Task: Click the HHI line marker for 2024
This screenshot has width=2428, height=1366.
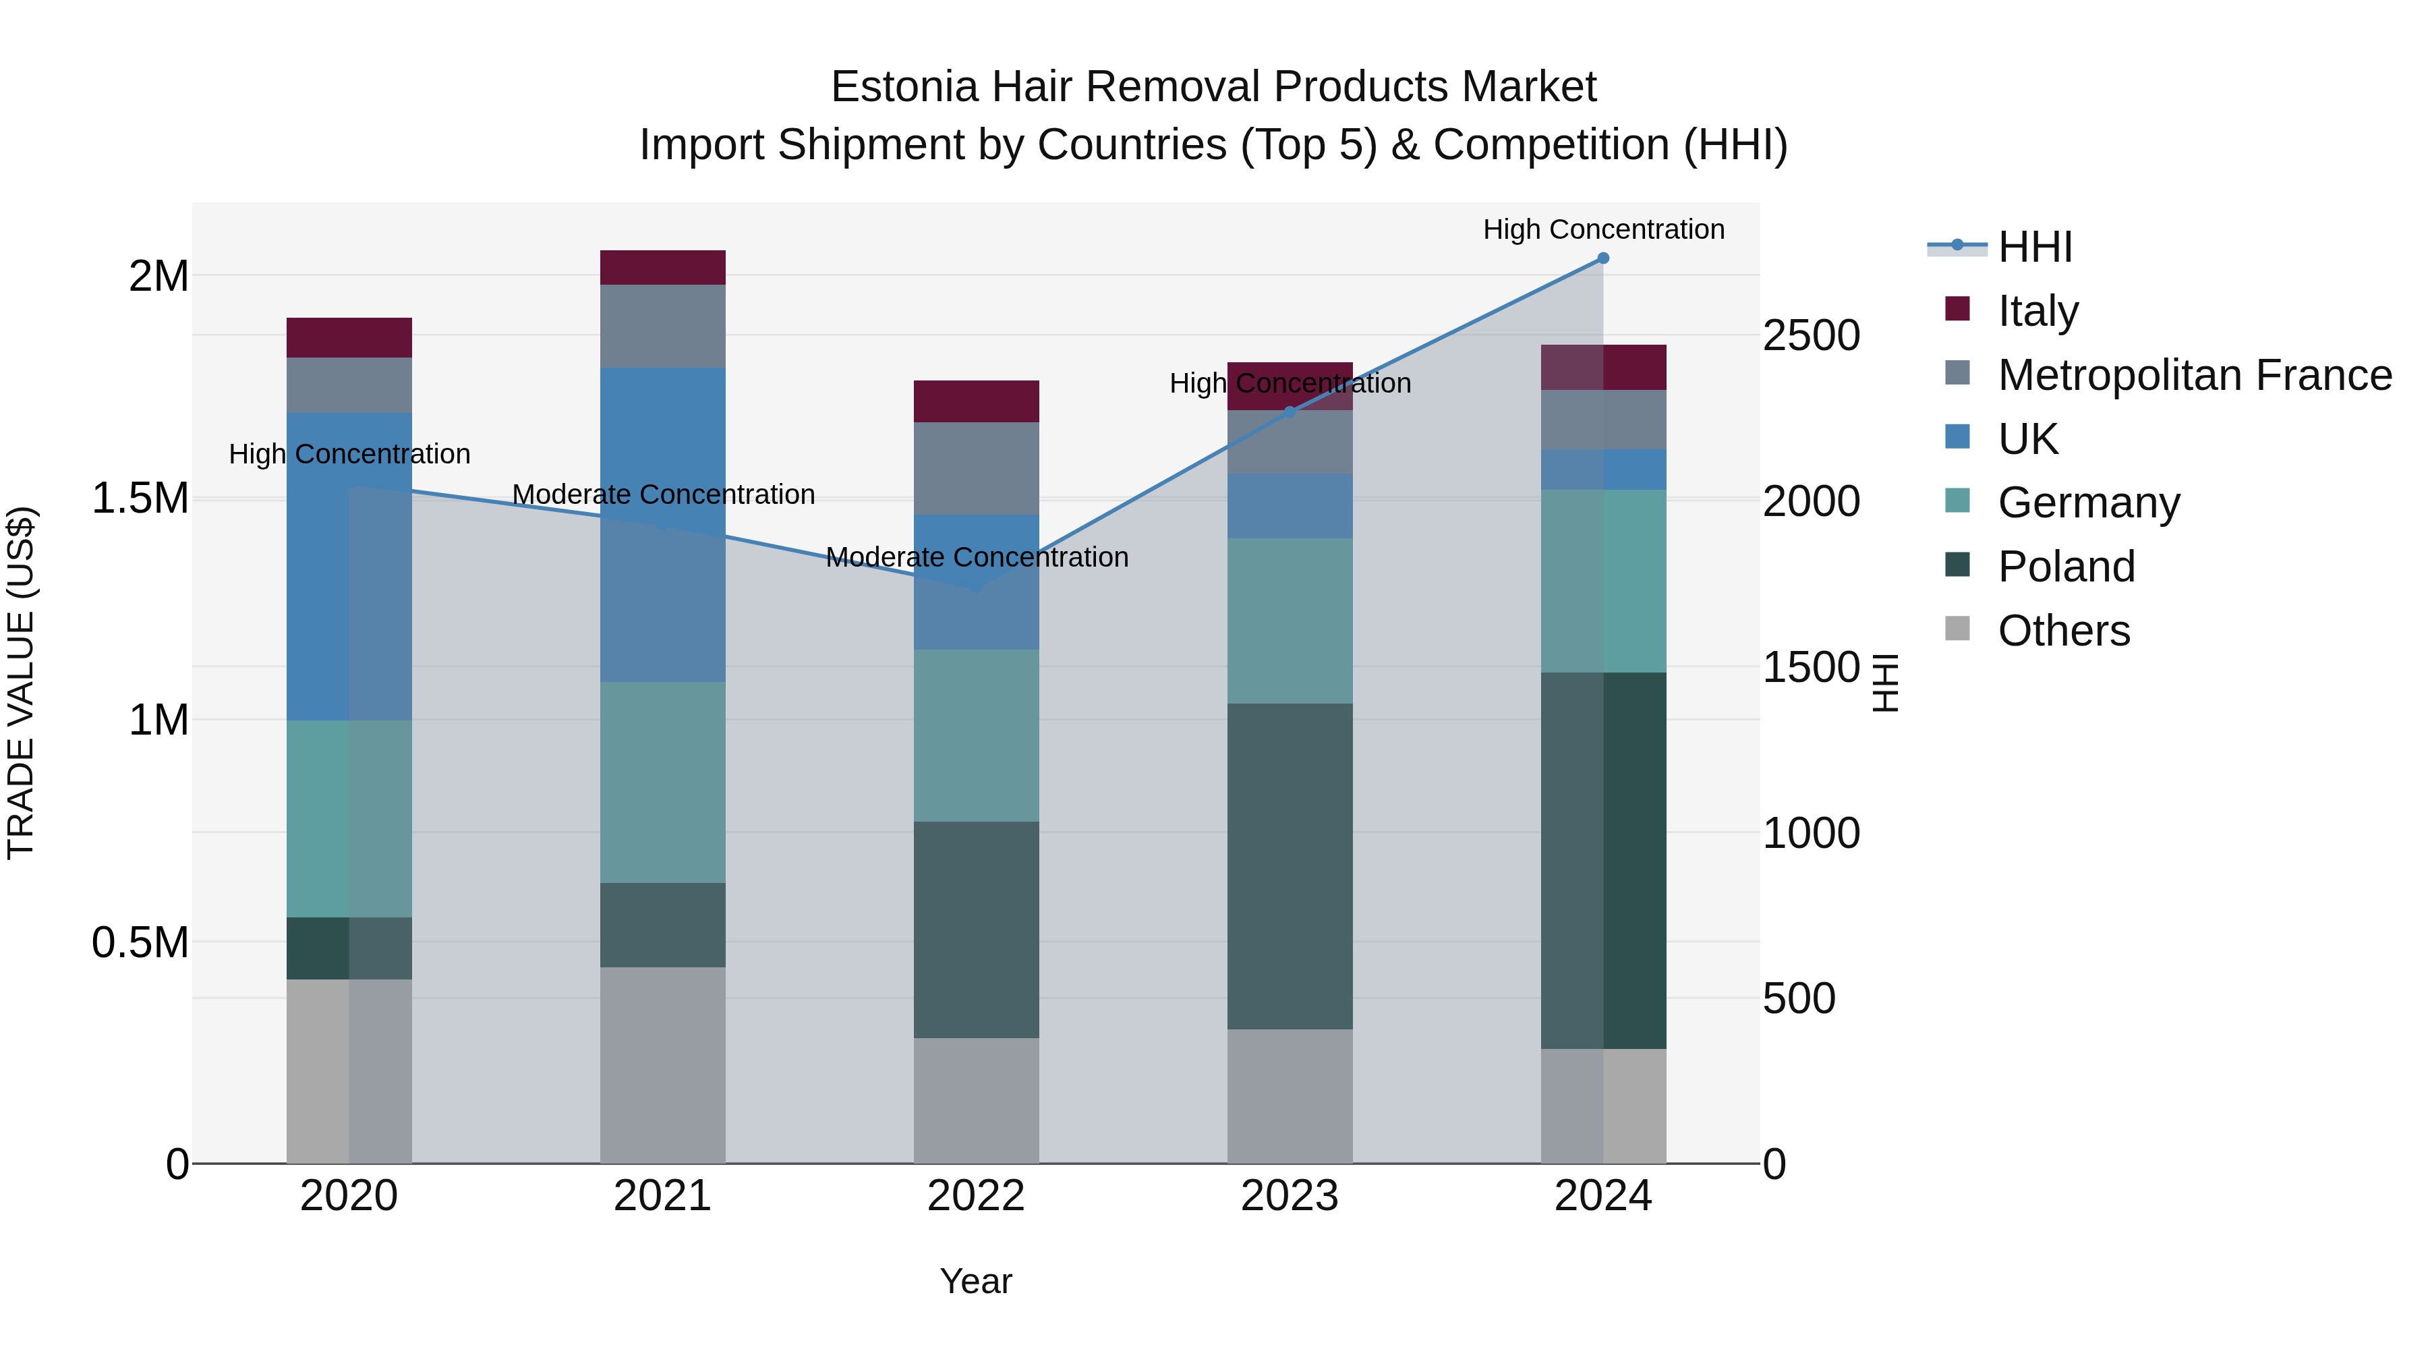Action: pos(1602,258)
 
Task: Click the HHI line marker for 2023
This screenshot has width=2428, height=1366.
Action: pos(1290,412)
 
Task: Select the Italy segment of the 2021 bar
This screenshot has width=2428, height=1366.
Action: pos(662,268)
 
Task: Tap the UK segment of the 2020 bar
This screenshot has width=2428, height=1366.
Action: pos(349,566)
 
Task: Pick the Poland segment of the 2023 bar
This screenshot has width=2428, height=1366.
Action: pos(1290,865)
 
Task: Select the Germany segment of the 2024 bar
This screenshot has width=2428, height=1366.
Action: pos(1602,581)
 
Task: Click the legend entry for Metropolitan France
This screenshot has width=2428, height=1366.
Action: pos(2194,375)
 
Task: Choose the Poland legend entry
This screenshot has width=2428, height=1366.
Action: pos(2066,567)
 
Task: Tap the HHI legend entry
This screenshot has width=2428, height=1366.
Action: pos(2034,247)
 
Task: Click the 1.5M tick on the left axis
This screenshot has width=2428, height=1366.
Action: pos(140,498)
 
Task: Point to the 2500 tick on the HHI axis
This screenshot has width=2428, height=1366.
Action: pos(1811,336)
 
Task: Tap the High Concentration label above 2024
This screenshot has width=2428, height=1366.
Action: pos(1602,229)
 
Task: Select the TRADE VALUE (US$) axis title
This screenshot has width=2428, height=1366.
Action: pos(21,683)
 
